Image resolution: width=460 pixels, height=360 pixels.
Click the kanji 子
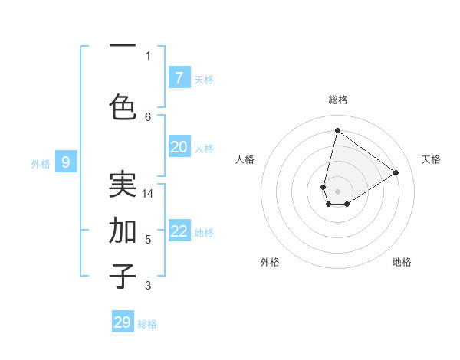click(123, 276)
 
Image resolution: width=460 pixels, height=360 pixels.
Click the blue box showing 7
click(179, 77)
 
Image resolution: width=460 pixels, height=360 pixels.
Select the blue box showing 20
click(179, 147)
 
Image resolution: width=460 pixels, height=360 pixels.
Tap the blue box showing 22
click(179, 231)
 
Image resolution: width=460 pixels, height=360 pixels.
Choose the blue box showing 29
click(123, 322)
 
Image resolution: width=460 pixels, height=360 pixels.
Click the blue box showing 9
click(66, 162)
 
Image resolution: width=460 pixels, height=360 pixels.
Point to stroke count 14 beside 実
click(148, 194)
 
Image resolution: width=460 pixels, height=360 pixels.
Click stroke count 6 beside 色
click(148, 116)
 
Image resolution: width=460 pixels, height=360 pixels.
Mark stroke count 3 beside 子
click(148, 286)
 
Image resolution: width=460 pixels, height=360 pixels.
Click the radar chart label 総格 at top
click(337, 100)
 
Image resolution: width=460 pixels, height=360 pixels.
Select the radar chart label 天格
click(431, 159)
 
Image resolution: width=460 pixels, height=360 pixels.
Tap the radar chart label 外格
click(270, 262)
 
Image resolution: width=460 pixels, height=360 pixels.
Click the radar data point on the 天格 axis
click(396, 172)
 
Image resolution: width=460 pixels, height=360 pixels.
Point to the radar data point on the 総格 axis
click(337, 130)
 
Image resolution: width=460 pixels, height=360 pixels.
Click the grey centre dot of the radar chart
click(337, 191)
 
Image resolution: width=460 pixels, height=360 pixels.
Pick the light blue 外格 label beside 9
click(41, 163)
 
